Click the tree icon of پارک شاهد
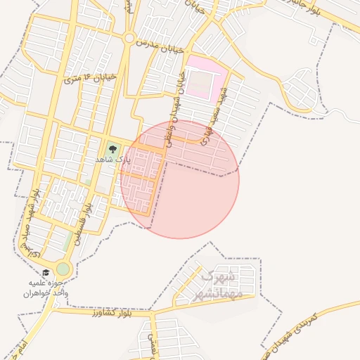pos(112,149)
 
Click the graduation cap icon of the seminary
pos(46,273)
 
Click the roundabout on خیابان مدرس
pos(129,38)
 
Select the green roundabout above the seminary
pos(63,268)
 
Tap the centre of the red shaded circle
pos(180,179)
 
